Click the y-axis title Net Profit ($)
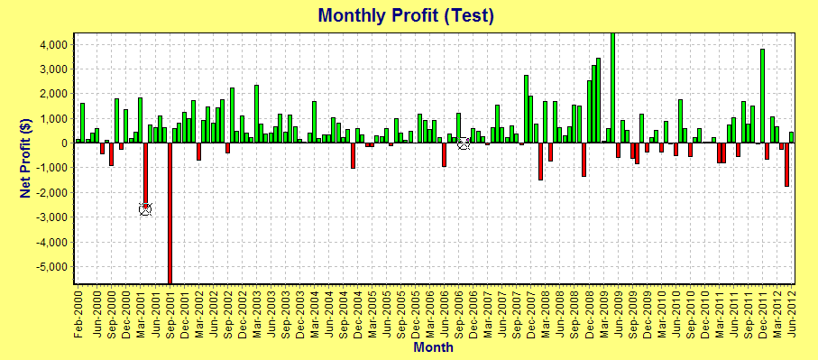[x=26, y=159]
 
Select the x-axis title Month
[x=433, y=346]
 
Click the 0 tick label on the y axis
[x=65, y=143]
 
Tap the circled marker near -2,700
[x=145, y=208]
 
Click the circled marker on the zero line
[x=464, y=143]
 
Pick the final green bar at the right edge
[x=791, y=137]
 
